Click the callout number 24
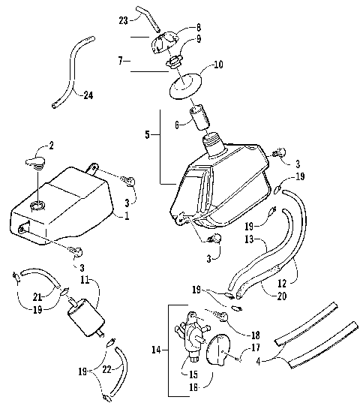coord(88,95)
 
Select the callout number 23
coord(124,20)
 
